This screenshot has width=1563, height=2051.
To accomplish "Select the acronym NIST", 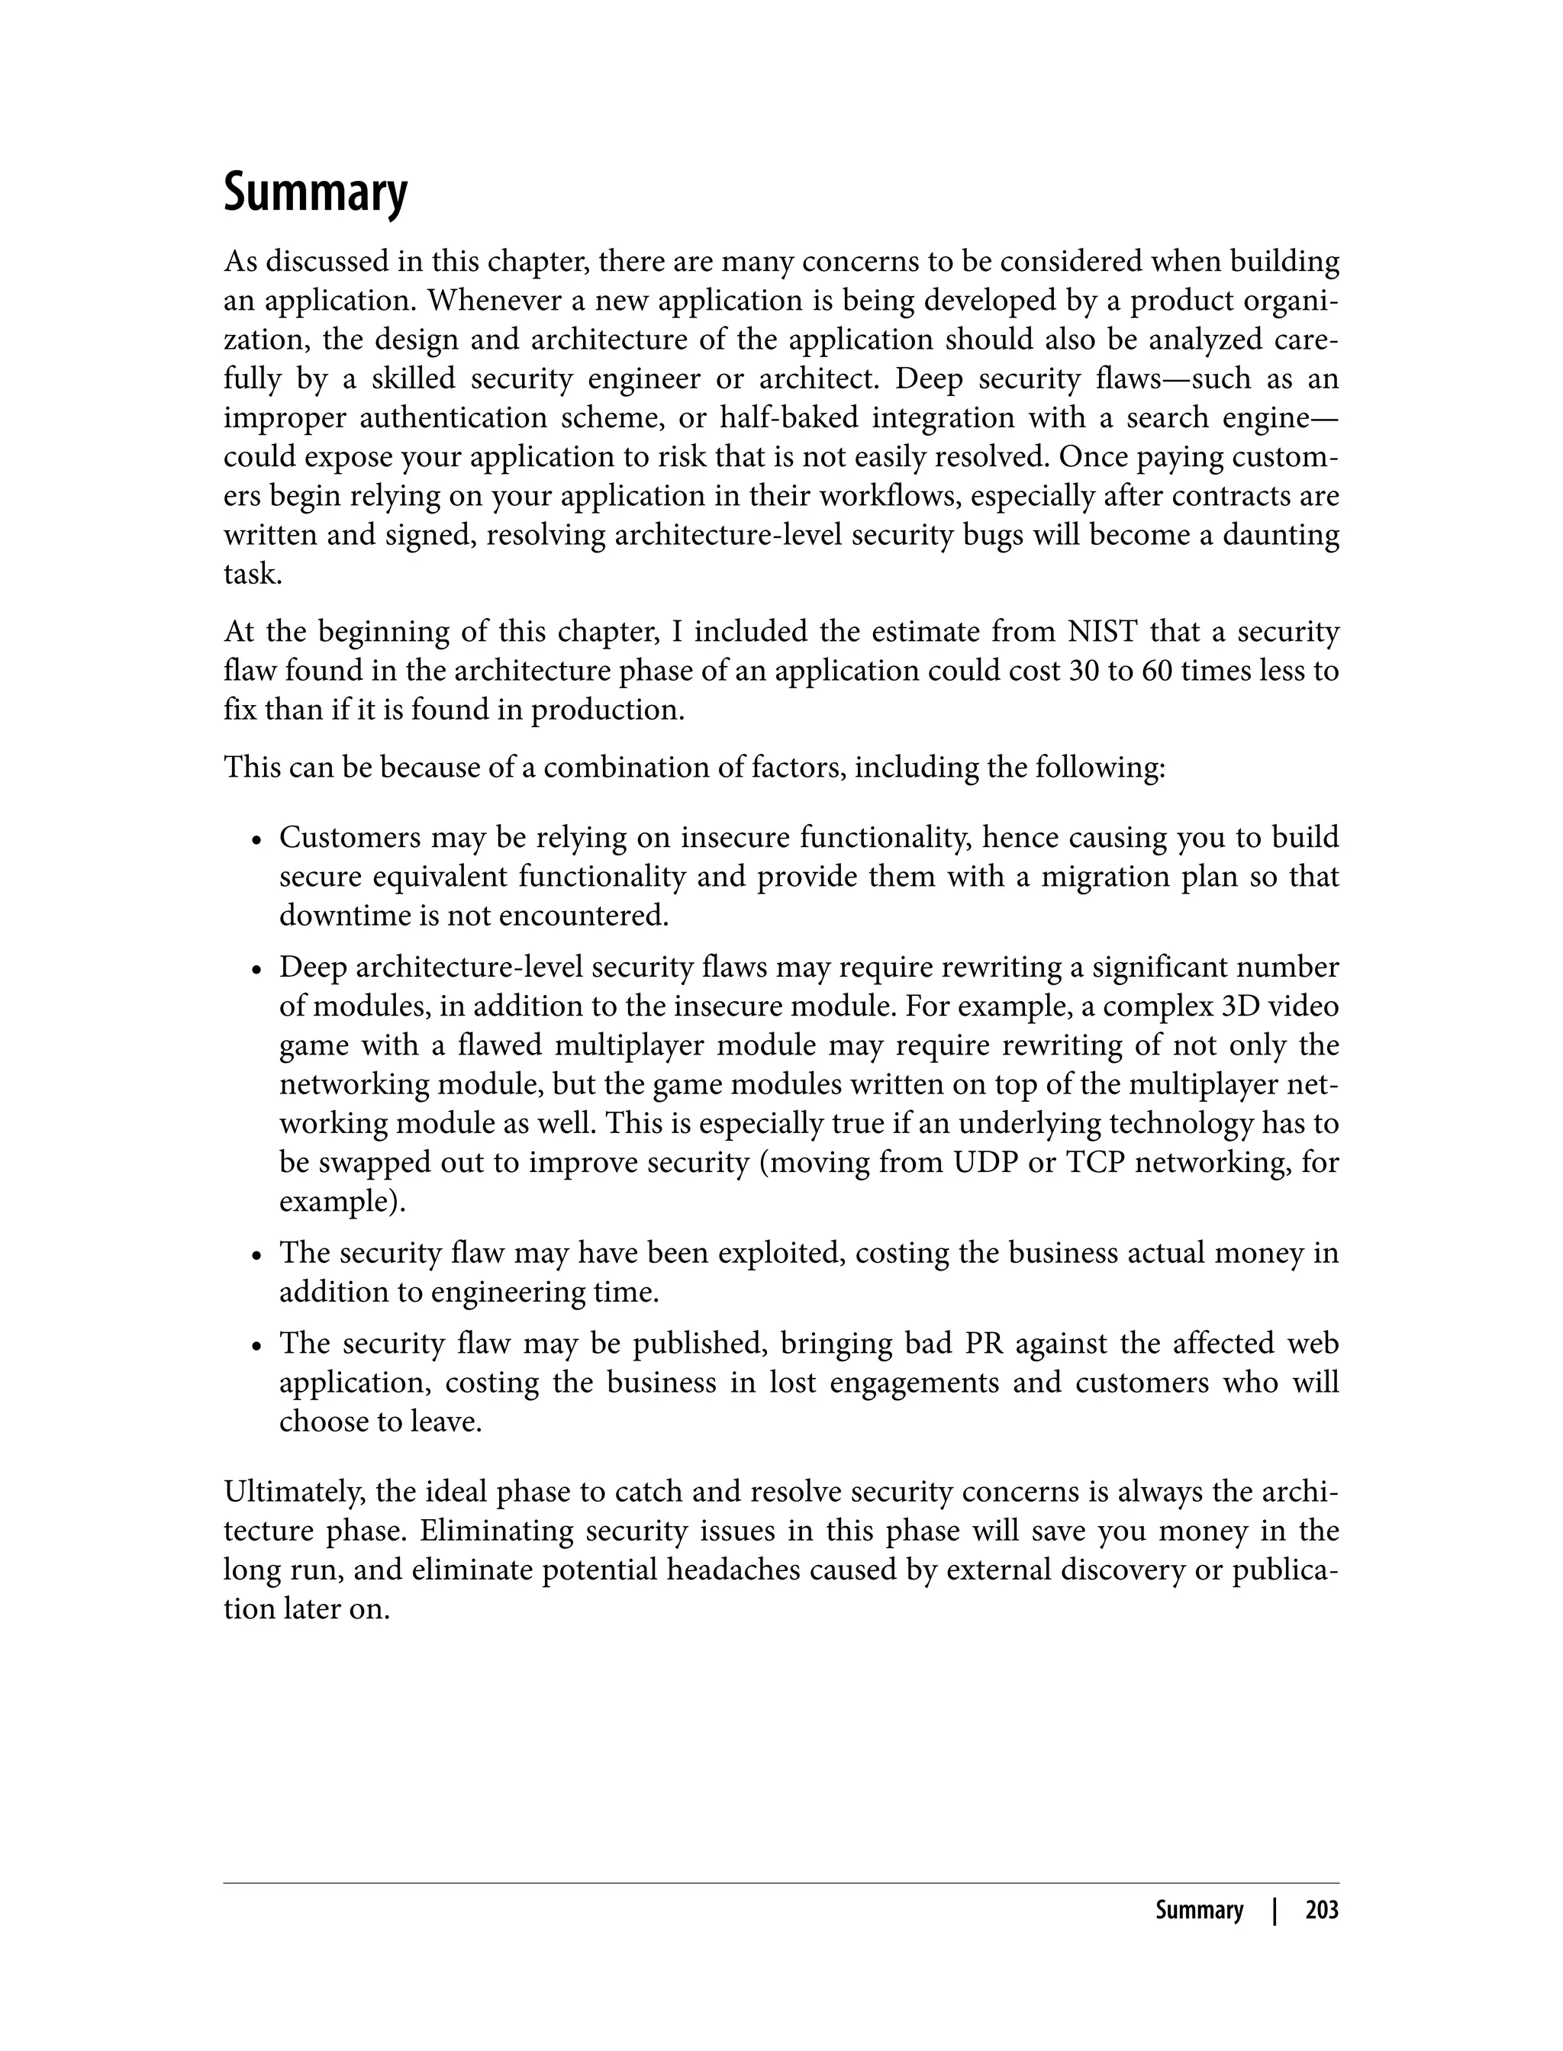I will point(1103,632).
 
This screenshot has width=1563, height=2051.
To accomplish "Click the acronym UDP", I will point(985,1162).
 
